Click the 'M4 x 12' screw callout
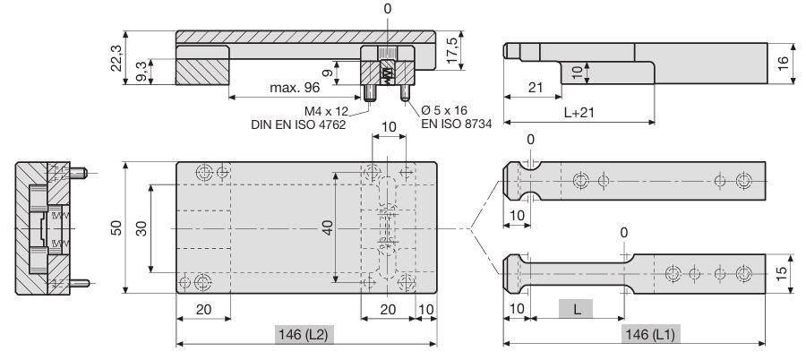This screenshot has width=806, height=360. (x=325, y=110)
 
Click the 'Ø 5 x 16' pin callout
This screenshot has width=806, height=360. (x=445, y=110)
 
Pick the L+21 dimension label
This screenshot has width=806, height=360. (x=580, y=113)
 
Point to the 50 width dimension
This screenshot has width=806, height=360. (x=115, y=227)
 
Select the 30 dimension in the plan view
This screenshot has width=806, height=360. (x=141, y=228)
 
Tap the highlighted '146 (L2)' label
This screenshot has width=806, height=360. (x=306, y=335)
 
